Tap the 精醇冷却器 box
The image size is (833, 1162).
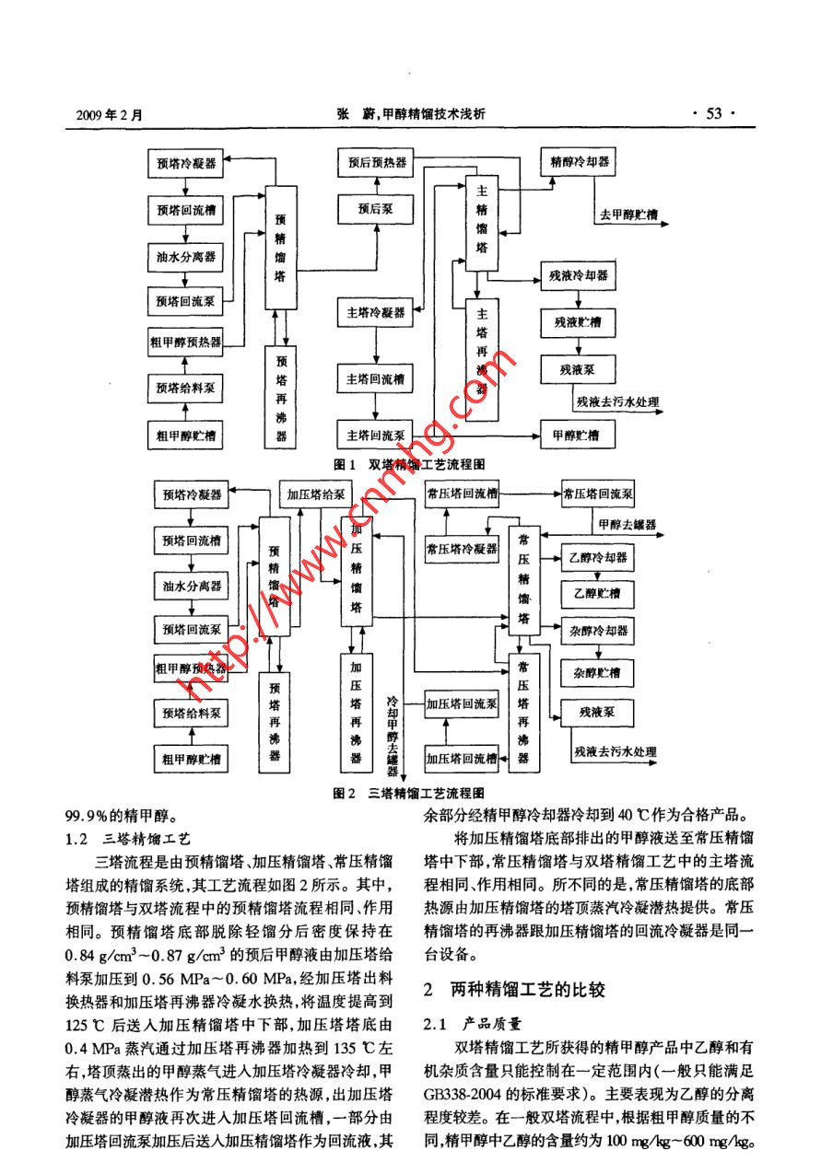580,161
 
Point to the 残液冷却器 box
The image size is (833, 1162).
580,276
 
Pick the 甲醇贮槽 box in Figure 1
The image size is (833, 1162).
576,434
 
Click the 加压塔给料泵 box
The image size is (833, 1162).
315,494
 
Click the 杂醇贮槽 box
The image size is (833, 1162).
597,673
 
